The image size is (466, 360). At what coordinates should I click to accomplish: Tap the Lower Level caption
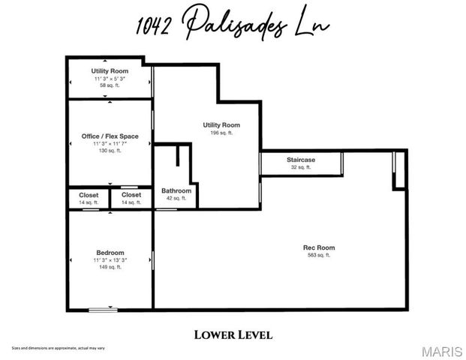pos(233,334)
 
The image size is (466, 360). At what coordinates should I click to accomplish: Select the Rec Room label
pos(318,247)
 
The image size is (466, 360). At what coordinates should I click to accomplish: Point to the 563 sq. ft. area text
pos(318,256)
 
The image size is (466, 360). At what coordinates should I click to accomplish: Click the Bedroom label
pos(110,253)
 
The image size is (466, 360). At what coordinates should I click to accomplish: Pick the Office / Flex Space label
pos(110,136)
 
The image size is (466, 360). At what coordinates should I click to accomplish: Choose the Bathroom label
pos(176,190)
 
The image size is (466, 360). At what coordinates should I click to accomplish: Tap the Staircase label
pos(300,160)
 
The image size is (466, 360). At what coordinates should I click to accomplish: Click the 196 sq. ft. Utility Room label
pos(221,124)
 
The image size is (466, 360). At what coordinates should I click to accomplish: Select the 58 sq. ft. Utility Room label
pos(110,71)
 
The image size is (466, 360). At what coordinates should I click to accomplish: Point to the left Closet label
pos(89,195)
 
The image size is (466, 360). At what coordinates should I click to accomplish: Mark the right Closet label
pos(131,195)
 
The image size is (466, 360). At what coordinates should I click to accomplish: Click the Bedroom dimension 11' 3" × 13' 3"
pos(110,260)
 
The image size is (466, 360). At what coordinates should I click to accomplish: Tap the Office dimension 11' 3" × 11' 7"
pos(110,143)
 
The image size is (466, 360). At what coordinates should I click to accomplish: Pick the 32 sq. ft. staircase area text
pos(300,167)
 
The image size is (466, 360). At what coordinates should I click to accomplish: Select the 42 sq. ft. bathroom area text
pos(176,198)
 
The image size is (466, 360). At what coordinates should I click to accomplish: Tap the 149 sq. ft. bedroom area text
pos(110,267)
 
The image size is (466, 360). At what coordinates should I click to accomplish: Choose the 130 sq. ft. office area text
pos(110,151)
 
